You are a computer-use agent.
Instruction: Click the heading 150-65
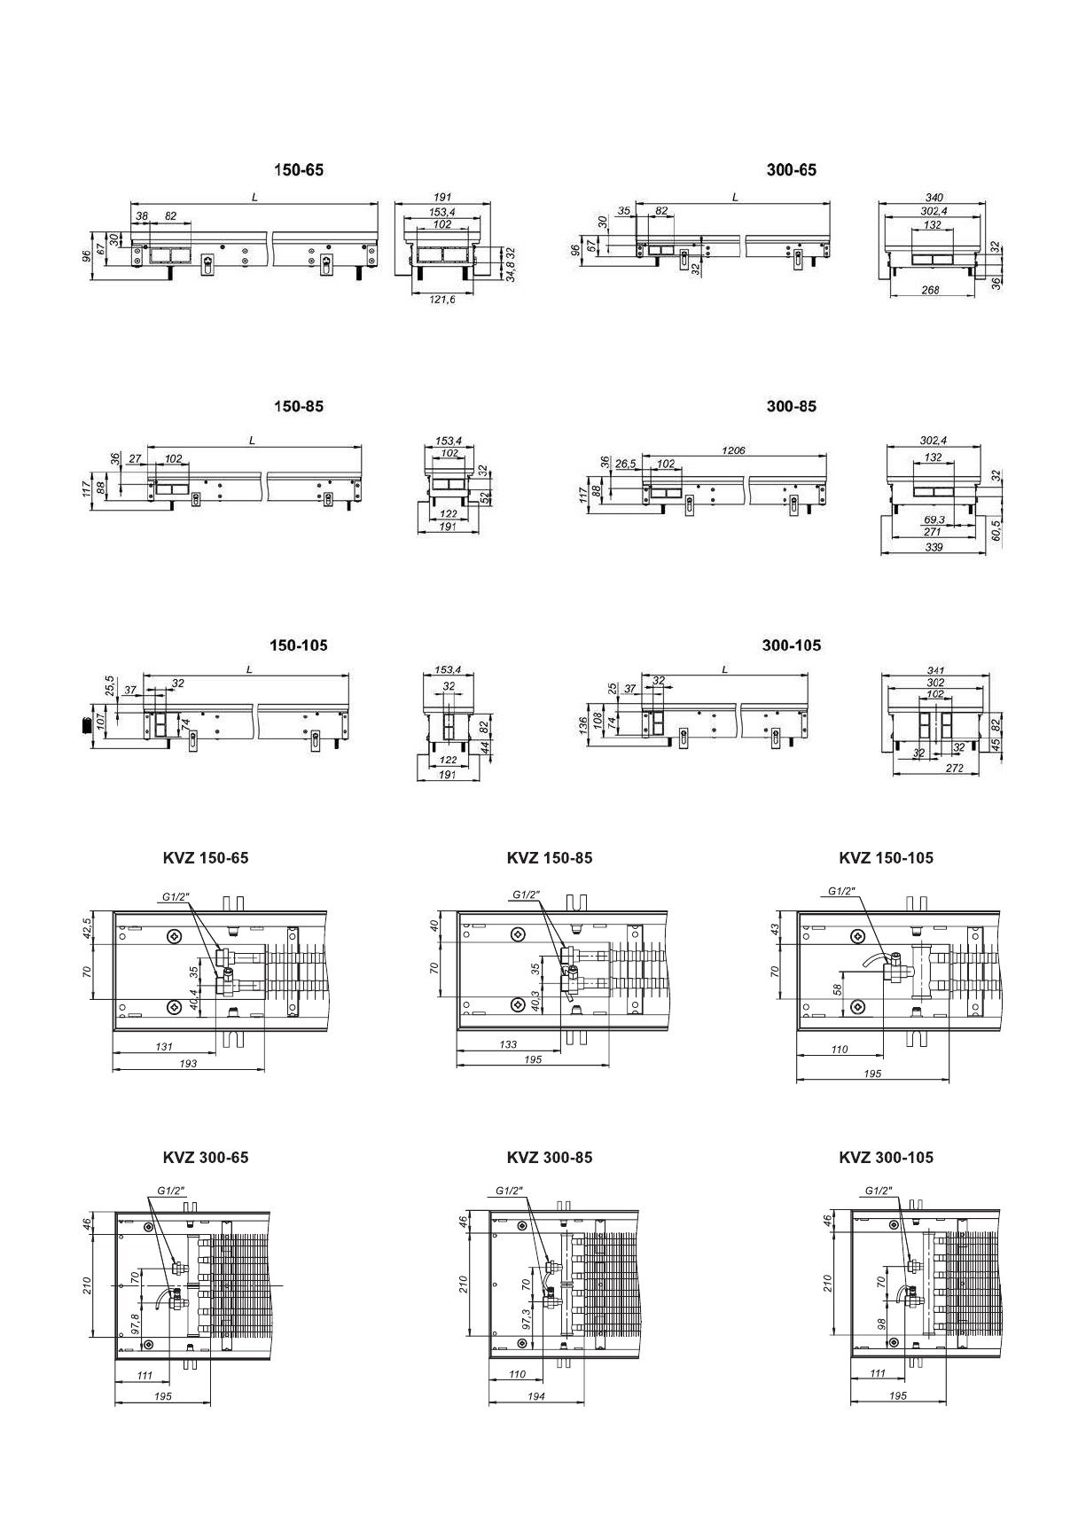tap(299, 170)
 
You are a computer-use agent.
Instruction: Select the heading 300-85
tap(791, 407)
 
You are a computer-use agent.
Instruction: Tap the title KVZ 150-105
tap(886, 858)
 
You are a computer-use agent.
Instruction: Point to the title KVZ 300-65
tap(206, 1158)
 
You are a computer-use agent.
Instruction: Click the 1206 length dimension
tap(733, 450)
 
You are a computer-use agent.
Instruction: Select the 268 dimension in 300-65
tap(929, 290)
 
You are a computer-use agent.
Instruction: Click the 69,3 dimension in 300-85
tap(933, 519)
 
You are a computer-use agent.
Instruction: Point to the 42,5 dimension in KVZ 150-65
tap(86, 927)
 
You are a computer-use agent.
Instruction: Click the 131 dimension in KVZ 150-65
tap(164, 1047)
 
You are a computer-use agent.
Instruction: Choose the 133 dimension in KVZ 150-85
tap(508, 1045)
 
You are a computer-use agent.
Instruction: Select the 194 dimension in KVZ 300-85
tap(535, 1396)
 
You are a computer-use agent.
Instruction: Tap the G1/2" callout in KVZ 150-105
tap(841, 891)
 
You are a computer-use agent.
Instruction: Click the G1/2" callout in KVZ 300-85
tap(509, 1191)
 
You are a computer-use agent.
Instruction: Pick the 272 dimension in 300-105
tap(954, 769)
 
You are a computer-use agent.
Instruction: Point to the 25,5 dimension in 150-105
tap(109, 685)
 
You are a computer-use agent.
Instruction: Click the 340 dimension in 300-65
tap(933, 197)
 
